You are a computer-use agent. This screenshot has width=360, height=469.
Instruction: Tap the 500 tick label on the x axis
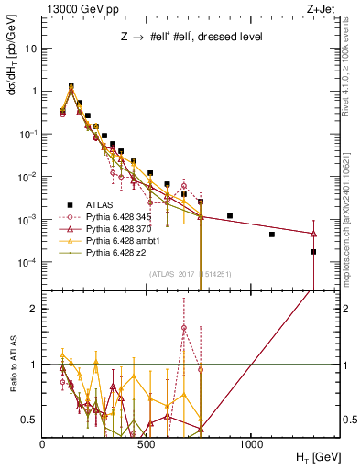[147, 443]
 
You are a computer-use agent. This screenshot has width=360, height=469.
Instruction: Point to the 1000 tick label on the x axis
[251, 443]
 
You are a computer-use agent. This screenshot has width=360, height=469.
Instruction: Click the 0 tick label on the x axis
[43, 443]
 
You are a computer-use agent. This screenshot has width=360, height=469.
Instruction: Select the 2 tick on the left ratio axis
[34, 309]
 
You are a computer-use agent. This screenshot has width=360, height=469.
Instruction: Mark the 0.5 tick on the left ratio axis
[31, 420]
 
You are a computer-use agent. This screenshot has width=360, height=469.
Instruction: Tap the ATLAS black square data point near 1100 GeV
[272, 234]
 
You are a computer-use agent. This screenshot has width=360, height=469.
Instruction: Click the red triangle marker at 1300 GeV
[313, 234]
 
